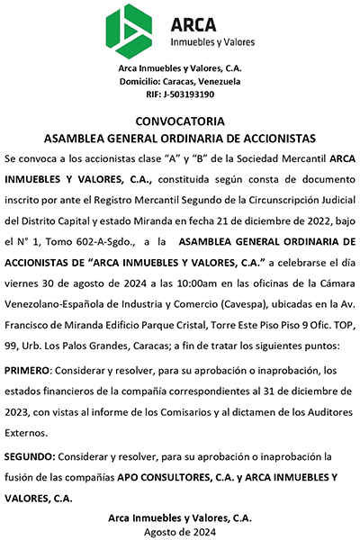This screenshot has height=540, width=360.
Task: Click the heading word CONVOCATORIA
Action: tap(180, 121)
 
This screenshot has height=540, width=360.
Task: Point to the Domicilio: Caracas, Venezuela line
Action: tap(180, 81)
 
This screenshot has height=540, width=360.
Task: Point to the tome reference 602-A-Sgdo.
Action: tap(106, 241)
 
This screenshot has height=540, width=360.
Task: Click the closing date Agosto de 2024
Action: tap(180, 532)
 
